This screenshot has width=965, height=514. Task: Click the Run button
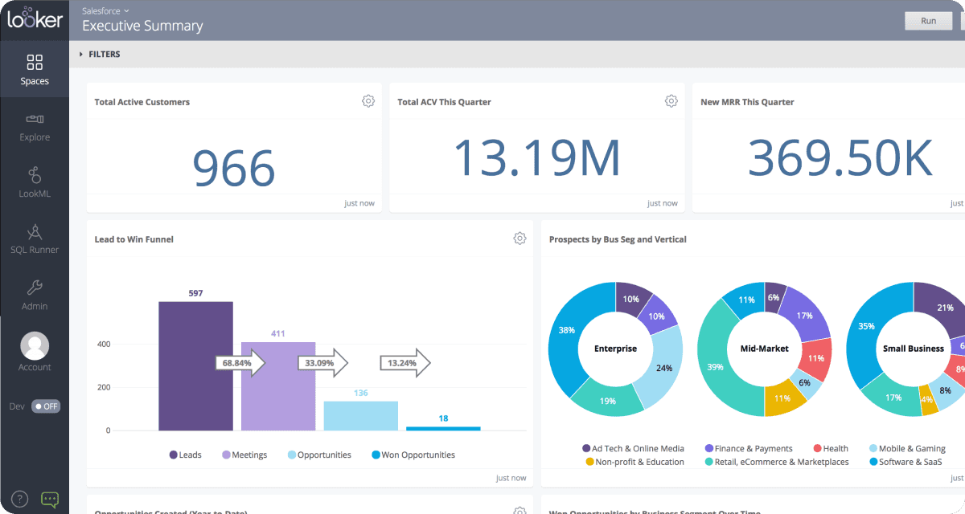(x=929, y=21)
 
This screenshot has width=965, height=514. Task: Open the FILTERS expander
(x=100, y=55)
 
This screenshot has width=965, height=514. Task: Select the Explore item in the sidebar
(x=35, y=127)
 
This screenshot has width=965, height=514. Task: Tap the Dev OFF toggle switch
(x=46, y=406)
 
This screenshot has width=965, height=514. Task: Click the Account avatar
(x=35, y=346)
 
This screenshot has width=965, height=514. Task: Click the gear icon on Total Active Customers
(x=368, y=101)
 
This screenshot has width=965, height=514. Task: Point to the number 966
(x=234, y=167)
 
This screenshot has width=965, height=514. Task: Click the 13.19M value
(x=537, y=158)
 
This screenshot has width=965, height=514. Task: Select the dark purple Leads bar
(x=195, y=365)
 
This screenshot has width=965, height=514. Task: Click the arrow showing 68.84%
(x=240, y=363)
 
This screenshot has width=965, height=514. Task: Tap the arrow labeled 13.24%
(x=405, y=363)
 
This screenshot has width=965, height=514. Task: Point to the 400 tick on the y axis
(x=103, y=344)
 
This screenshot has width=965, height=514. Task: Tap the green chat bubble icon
(x=50, y=500)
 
